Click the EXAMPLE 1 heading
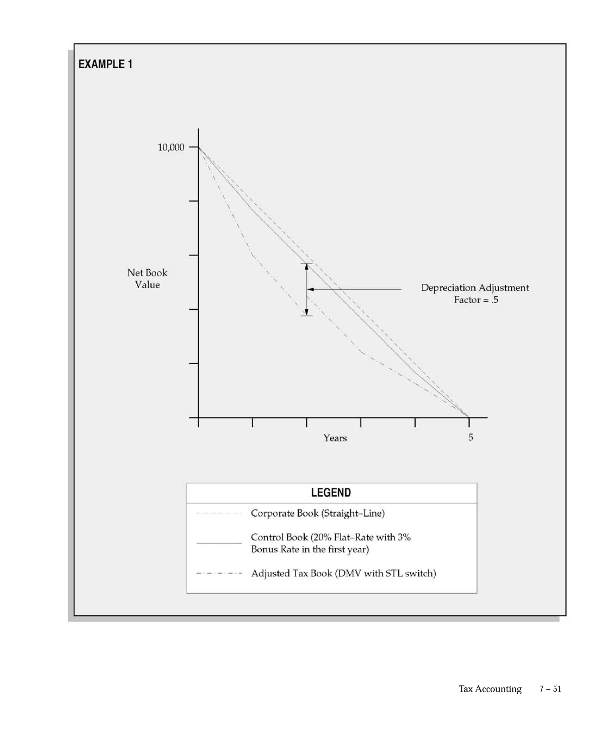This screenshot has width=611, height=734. click(105, 64)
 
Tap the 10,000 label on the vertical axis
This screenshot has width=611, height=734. click(171, 148)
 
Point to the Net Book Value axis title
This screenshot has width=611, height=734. click(147, 279)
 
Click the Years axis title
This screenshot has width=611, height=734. click(335, 438)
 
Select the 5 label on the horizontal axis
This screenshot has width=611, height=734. click(471, 437)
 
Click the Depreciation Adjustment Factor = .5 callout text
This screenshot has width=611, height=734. click(475, 294)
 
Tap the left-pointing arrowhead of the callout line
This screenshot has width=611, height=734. click(310, 289)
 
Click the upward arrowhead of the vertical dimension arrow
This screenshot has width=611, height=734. click(307, 267)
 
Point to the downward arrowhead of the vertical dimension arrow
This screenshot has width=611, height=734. click(307, 312)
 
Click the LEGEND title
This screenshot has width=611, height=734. click(331, 492)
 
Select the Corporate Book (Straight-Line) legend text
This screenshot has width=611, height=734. click(318, 513)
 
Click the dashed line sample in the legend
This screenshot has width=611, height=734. click(219, 513)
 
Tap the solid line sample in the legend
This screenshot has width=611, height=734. click(219, 543)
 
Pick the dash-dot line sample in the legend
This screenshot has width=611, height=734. click(219, 574)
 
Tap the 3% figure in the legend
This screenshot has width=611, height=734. click(404, 537)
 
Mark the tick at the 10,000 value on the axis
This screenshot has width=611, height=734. click(193, 148)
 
